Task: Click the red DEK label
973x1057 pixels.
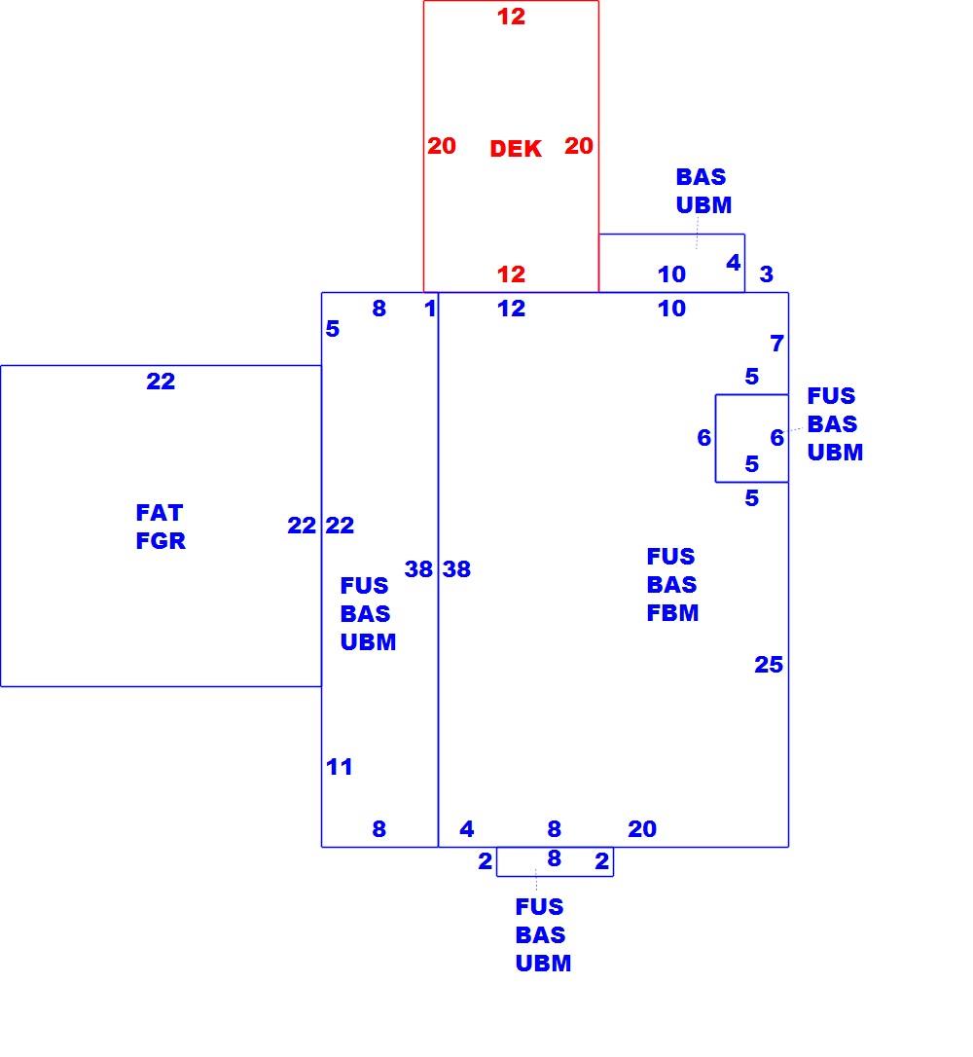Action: click(516, 148)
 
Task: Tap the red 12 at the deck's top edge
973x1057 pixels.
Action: click(511, 17)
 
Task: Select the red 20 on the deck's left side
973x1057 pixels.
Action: click(442, 146)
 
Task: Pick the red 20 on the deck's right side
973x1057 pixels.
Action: click(579, 146)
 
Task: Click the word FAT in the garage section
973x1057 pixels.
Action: click(159, 512)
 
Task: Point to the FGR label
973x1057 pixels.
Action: click(161, 540)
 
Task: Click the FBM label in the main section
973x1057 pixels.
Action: click(672, 613)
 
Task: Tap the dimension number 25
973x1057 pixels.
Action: click(769, 665)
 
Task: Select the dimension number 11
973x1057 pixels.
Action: click(339, 766)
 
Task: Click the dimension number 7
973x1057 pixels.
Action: click(776, 344)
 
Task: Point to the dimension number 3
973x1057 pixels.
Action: click(766, 274)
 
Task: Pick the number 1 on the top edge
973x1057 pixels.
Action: click(430, 309)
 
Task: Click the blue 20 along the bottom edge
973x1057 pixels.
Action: click(642, 828)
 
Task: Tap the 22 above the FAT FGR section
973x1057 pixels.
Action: click(161, 382)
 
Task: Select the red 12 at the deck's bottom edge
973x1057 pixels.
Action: click(511, 274)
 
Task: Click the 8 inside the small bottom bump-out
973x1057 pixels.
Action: click(554, 858)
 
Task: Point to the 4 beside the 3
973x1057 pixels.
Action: click(734, 263)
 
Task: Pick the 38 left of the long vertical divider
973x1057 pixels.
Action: click(418, 569)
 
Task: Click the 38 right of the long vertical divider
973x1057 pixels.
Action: click(456, 569)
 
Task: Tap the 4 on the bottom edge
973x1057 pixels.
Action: click(467, 828)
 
